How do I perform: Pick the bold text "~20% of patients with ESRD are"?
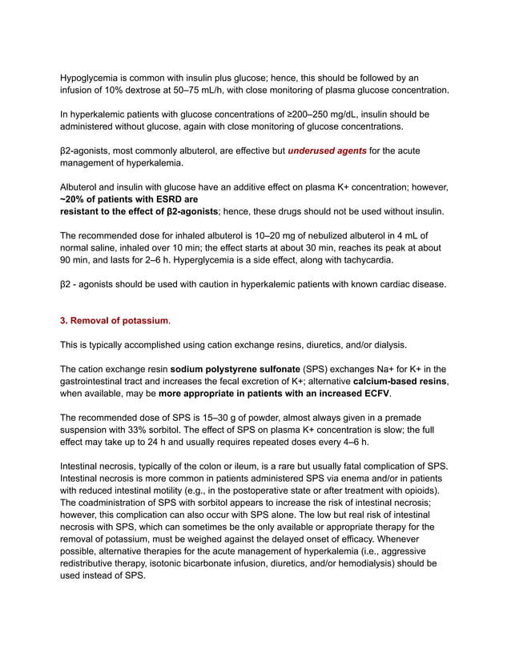pos(130,199)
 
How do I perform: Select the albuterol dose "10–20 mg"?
pos(275,235)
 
